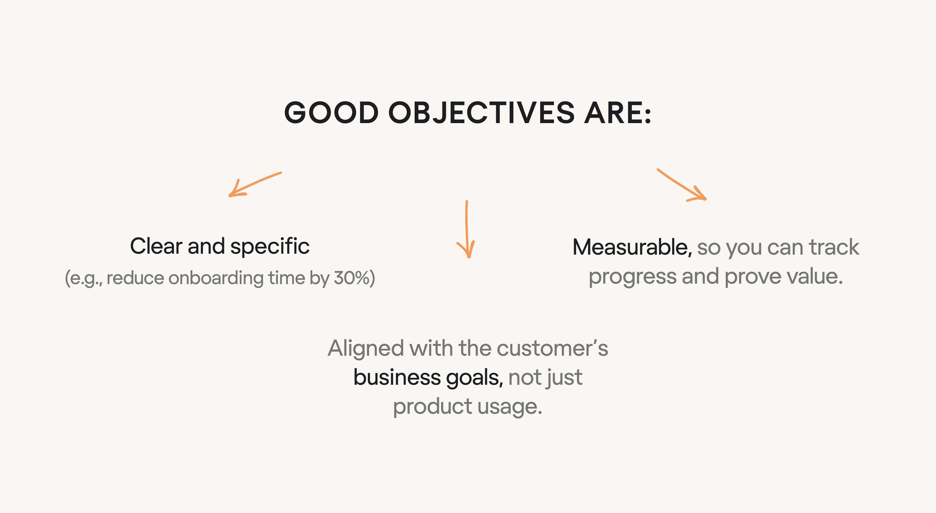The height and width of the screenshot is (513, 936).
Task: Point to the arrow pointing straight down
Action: (467, 229)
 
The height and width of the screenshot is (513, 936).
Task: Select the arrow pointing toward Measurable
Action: (681, 185)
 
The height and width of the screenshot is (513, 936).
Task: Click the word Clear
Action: (156, 246)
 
